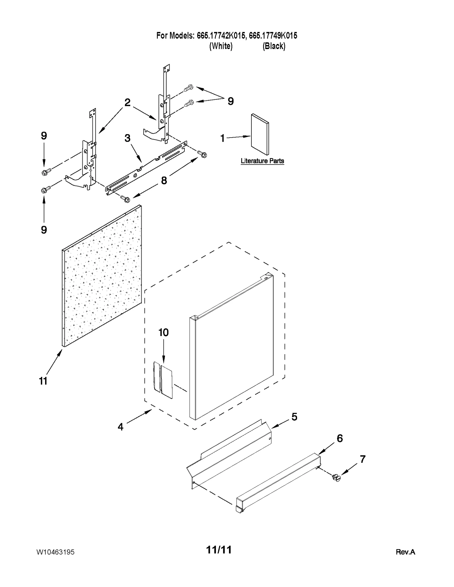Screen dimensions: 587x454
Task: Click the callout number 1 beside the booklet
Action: point(222,138)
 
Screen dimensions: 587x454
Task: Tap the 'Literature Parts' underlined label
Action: point(262,161)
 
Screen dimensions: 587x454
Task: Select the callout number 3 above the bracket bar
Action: point(127,138)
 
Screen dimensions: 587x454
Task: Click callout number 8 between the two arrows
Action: point(164,180)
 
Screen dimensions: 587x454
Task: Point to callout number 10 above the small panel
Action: point(163,332)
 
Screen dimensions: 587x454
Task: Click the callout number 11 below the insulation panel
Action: point(43,381)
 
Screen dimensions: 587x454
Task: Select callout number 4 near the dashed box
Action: point(121,427)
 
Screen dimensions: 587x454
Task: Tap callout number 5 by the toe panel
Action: point(294,417)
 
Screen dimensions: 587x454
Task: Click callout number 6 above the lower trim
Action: point(340,438)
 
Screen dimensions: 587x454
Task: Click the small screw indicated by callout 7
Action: point(337,478)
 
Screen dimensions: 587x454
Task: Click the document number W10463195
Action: point(56,552)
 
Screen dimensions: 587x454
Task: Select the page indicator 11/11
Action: point(219,550)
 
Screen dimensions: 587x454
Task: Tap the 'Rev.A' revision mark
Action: point(405,552)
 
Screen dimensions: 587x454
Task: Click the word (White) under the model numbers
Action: point(221,46)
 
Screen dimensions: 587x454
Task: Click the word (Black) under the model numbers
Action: point(274,46)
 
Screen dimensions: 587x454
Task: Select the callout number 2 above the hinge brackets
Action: point(127,102)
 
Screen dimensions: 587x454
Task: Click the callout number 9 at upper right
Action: point(231,101)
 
